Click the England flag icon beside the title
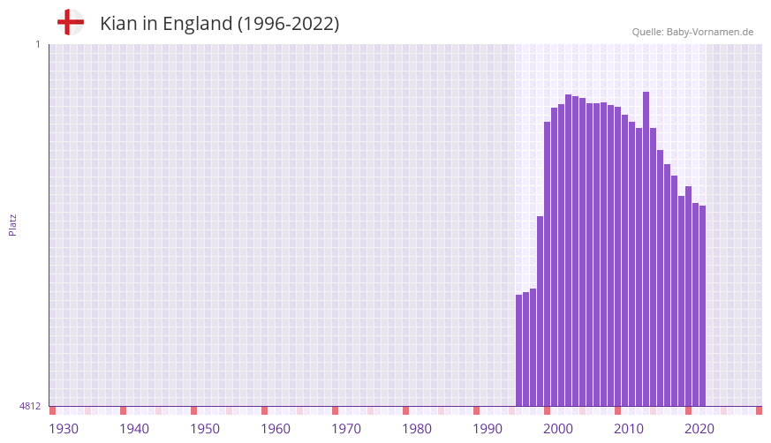70,23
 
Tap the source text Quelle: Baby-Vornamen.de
692,32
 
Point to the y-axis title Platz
12,224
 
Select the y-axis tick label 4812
29,407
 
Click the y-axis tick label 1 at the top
37,44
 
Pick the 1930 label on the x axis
64,429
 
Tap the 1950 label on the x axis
205,429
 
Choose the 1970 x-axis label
346,429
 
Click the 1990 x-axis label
488,429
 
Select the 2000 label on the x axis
558,429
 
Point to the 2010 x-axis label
629,429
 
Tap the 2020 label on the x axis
699,429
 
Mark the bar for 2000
548,264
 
